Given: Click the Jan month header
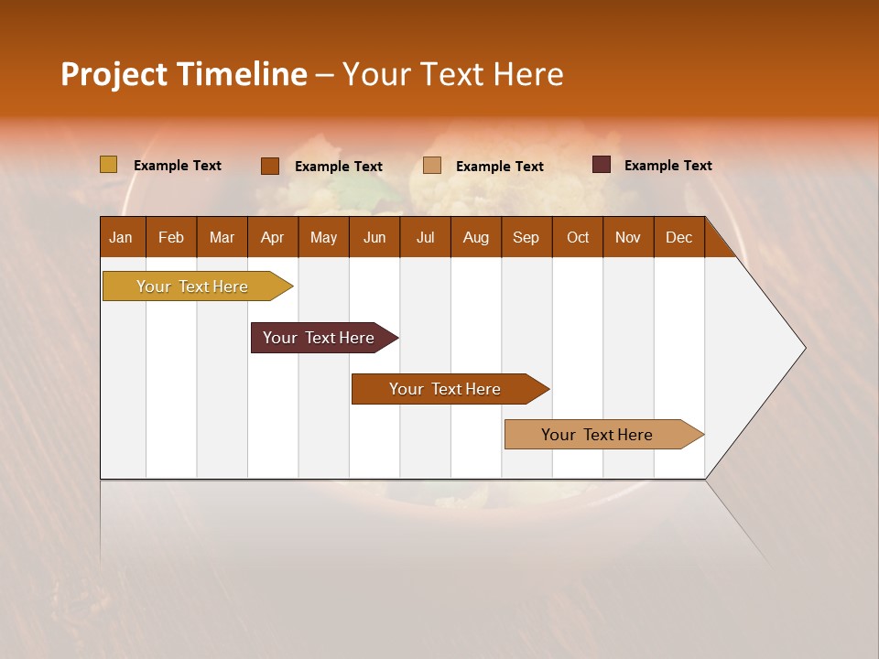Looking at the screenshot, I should pyautogui.click(x=122, y=237).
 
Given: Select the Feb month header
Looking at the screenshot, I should pyautogui.click(x=171, y=237).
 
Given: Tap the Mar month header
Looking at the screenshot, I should pyautogui.click(x=222, y=237).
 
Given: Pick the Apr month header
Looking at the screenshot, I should pyautogui.click(x=273, y=237).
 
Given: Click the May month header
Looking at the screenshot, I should pyautogui.click(x=323, y=237).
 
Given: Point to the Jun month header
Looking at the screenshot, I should pyautogui.click(x=374, y=237).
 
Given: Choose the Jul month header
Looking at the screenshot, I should pyautogui.click(x=425, y=237).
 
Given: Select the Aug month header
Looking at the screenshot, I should pyautogui.click(x=476, y=237).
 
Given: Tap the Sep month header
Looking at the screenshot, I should pyautogui.click(x=526, y=237).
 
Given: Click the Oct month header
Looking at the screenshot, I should pyautogui.click(x=578, y=237).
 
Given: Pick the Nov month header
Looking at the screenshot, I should pyautogui.click(x=628, y=237).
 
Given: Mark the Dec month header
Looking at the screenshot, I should pyautogui.click(x=679, y=237).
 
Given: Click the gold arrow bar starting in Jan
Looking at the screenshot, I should pyautogui.click(x=193, y=286).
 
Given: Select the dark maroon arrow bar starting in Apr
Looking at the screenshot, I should pyautogui.click(x=320, y=338).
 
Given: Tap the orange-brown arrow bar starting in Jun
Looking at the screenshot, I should pyautogui.click(x=446, y=389).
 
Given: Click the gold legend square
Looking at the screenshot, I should pyautogui.click(x=109, y=165).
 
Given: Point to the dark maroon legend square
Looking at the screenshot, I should pyautogui.click(x=602, y=165).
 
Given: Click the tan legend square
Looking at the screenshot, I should pyautogui.click(x=432, y=166).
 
